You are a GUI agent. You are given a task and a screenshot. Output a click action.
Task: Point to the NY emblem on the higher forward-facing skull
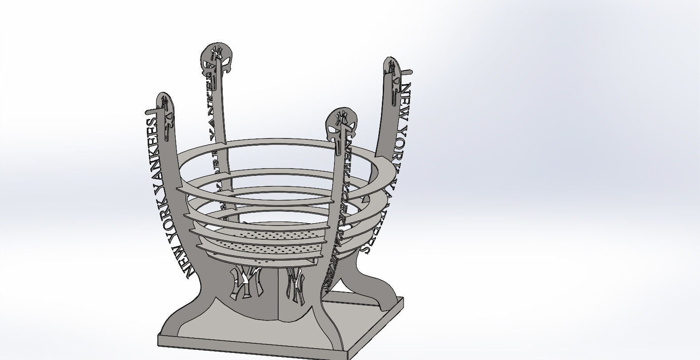point(217,53)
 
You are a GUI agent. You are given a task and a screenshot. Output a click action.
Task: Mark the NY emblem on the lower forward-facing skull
point(341,118)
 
